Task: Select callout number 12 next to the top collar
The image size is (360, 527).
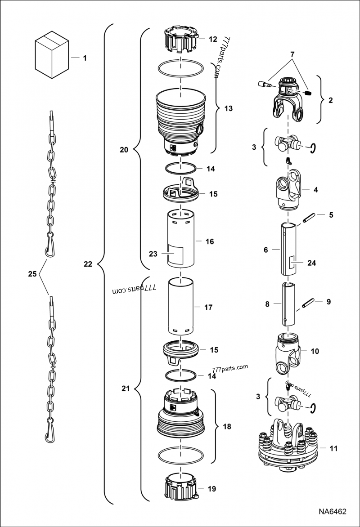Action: [213, 39]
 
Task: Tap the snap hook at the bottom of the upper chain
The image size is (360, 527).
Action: [49, 250]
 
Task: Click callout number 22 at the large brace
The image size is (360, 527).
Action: [88, 264]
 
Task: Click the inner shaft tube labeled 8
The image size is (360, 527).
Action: [288, 304]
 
